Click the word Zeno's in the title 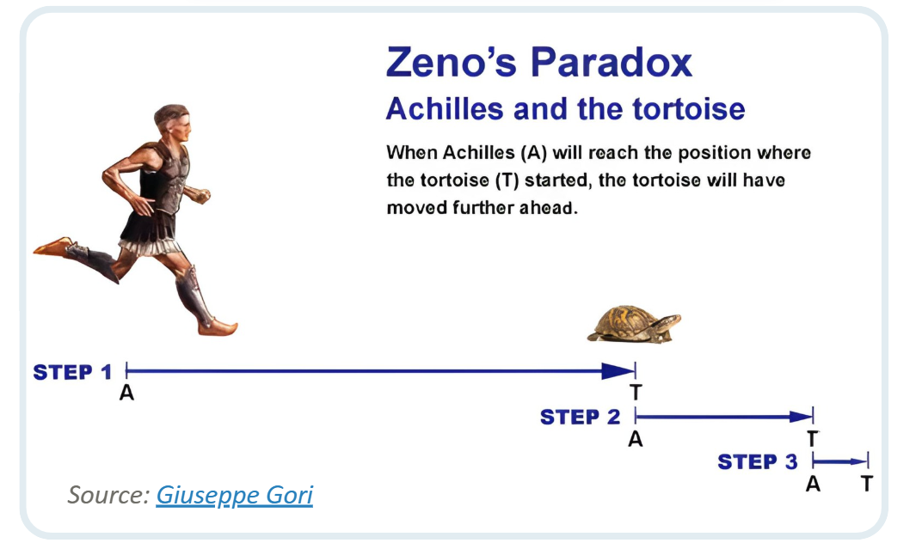point(452,62)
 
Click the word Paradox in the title point(612,62)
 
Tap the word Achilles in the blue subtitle point(445,108)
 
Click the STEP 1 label point(72,372)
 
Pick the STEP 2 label point(580,417)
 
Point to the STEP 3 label point(757,462)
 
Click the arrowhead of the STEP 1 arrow point(618,371)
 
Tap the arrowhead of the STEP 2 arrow point(801,417)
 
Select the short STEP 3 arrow point(840,461)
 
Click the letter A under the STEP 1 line point(126,394)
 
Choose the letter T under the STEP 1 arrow point(636,393)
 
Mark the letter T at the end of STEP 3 point(867,484)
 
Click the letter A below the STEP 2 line point(636,439)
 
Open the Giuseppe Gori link point(234,495)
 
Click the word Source point(108,495)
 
